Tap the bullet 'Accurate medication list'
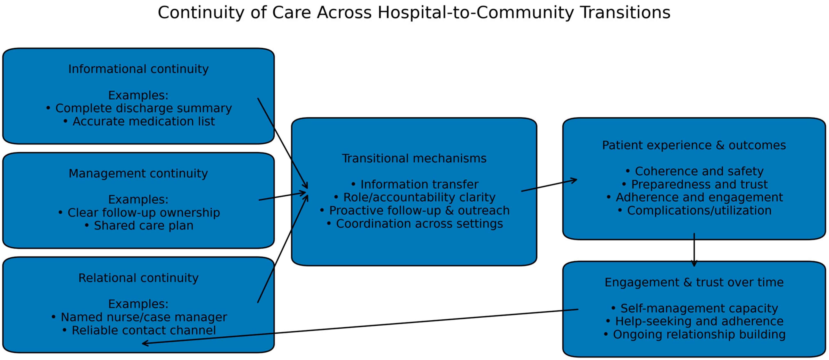click(x=143, y=121)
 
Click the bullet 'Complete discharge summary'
click(x=143, y=108)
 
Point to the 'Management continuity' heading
click(x=138, y=174)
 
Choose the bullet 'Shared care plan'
click(x=143, y=226)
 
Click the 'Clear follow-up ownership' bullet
click(x=143, y=213)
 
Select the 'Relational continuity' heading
click(x=138, y=278)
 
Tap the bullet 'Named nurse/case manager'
click(x=143, y=317)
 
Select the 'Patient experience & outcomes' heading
click(x=694, y=145)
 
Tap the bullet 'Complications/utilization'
click(x=699, y=211)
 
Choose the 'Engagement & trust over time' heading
click(x=694, y=282)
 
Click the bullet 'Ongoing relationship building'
click(x=699, y=335)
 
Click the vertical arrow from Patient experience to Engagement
click(x=694, y=249)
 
